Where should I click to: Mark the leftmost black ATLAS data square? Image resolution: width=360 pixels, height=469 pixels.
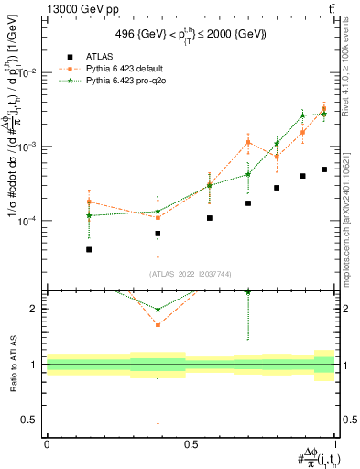pyautogui.click(x=89, y=249)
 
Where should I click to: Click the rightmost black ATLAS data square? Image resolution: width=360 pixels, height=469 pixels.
pyautogui.click(x=324, y=169)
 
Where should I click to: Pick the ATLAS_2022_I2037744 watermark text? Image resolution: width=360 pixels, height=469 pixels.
pyautogui.click(x=191, y=274)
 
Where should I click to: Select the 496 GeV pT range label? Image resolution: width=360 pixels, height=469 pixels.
pyautogui.click(x=191, y=34)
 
